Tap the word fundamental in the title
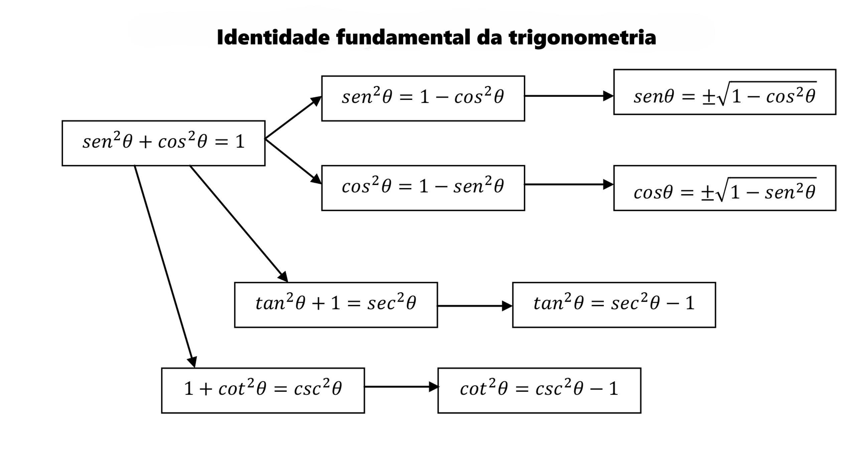click(x=402, y=37)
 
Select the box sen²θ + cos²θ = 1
click(x=163, y=143)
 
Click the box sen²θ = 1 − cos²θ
click(x=423, y=99)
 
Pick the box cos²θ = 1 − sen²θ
click(x=423, y=188)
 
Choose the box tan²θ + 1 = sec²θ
click(x=336, y=305)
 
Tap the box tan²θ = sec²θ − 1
click(x=614, y=305)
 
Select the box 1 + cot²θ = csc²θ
click(x=263, y=390)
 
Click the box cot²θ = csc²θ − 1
click(x=539, y=390)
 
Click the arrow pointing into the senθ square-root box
click(x=569, y=96)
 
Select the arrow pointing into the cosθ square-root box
click(x=569, y=184)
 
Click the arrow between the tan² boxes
click(x=474, y=306)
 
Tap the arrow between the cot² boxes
click(x=401, y=387)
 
